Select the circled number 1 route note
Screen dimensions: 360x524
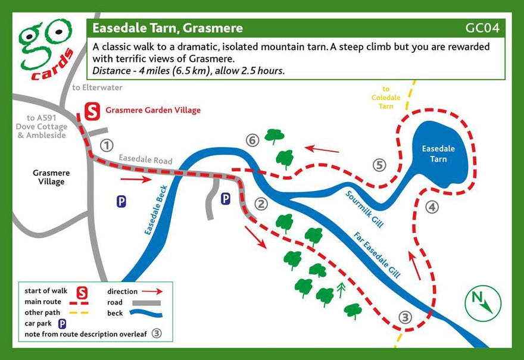click(x=107, y=145)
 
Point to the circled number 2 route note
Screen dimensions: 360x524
click(x=261, y=204)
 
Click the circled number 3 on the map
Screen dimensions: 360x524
click(x=405, y=317)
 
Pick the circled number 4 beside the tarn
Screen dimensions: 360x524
click(x=432, y=207)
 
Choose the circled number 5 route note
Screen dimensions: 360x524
click(x=379, y=165)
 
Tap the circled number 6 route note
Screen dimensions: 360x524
click(x=252, y=140)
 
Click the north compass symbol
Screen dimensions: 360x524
click(x=483, y=302)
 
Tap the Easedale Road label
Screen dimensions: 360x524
click(x=145, y=160)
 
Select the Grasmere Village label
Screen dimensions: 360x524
click(x=51, y=177)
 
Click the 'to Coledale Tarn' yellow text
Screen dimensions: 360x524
click(x=386, y=97)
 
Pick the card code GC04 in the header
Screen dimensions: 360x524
click(x=482, y=28)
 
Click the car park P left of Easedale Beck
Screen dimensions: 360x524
click(x=121, y=202)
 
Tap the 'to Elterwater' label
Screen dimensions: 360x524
click(x=97, y=87)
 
